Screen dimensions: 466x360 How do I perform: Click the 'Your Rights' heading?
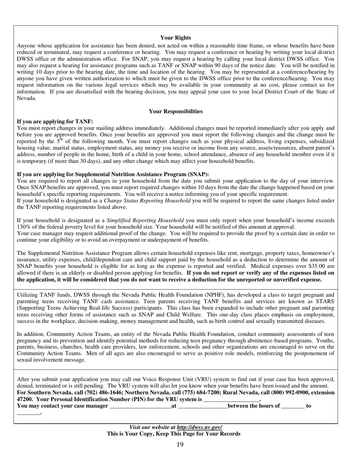(175, 38)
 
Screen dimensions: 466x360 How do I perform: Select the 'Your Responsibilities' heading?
(175, 111)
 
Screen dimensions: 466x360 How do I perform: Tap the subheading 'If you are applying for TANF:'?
(55, 122)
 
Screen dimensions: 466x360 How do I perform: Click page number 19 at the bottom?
(180, 444)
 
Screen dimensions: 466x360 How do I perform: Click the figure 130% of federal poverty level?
(23, 227)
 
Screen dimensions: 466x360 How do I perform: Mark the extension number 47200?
(25, 400)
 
